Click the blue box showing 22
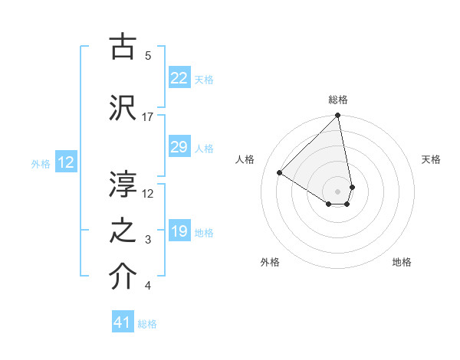point(179,78)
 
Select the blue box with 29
point(179,147)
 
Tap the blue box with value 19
point(179,231)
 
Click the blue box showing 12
point(66,162)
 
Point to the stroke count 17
point(148,117)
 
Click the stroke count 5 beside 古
point(148,55)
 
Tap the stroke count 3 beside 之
point(148,241)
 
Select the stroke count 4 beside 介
point(148,286)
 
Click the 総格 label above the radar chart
point(337,100)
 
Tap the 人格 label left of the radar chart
point(245,159)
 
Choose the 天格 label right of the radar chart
point(431,159)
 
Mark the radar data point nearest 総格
point(337,116)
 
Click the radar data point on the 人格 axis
point(280,173)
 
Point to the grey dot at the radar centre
point(337,191)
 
